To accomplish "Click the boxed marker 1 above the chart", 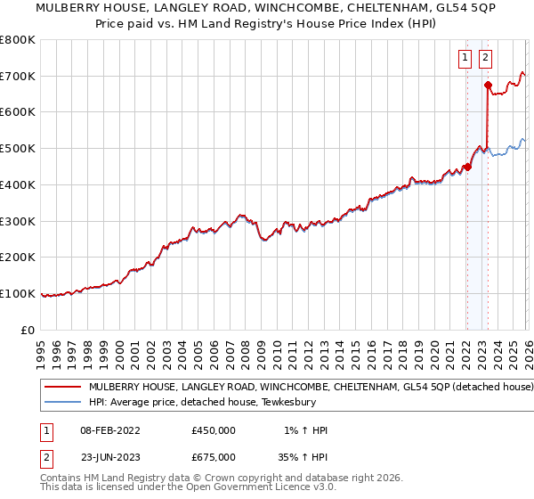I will (465, 59).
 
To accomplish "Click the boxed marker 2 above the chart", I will (485, 59).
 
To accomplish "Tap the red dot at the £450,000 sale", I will (467, 167).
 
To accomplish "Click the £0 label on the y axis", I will (28, 330).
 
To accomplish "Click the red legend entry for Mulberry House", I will (311, 388).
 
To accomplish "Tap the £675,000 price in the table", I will (214, 457).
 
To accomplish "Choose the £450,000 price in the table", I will (214, 430).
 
